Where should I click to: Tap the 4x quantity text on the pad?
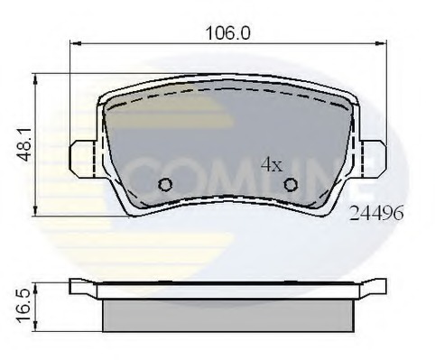point(272,164)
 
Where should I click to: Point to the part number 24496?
point(377,215)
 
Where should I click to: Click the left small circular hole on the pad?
point(164,185)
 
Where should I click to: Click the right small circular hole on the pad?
point(291,185)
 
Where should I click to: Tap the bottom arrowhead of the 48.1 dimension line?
point(35,212)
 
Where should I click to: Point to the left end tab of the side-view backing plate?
point(83,287)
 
